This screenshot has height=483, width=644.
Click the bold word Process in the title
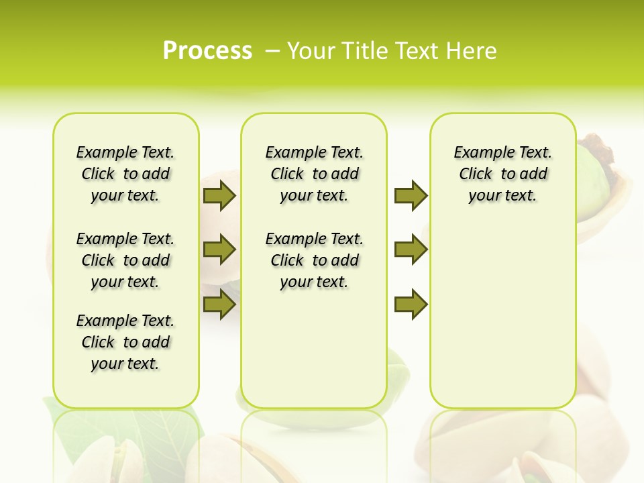pos(207,50)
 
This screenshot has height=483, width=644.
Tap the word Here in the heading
pos(472,50)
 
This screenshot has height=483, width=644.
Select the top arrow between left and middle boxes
pos(219,195)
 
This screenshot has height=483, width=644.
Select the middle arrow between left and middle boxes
pos(219,250)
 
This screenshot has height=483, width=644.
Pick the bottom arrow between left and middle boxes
pos(219,305)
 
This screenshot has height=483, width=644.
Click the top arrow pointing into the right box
pos(411,195)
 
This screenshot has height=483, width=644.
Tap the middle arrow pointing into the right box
pos(411,250)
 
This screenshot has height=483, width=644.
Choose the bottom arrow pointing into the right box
pos(411,305)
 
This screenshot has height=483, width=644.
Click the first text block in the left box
pos(125,174)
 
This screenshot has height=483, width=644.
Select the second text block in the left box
pos(125,260)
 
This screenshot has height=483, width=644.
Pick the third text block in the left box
pos(125,342)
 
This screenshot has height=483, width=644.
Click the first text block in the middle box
pos(314,174)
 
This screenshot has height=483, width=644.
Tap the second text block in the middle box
pos(314,260)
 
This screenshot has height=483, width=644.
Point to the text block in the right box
pos(502,174)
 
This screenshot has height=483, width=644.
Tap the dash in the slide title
pos(272,50)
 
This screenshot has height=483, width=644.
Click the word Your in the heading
pos(312,50)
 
